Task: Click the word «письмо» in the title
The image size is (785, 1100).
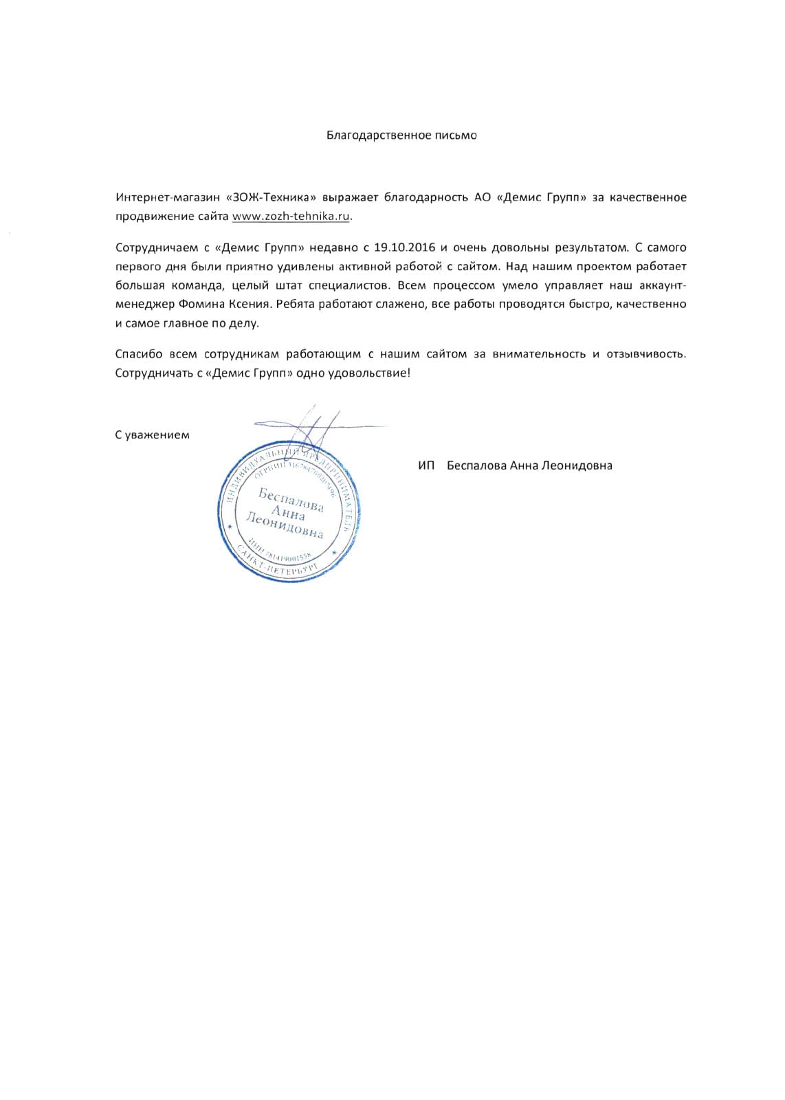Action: coord(456,135)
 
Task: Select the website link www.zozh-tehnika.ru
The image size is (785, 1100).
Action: coord(291,216)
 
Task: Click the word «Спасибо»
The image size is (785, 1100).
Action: coord(138,355)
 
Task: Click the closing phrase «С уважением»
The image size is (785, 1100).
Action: coord(152,435)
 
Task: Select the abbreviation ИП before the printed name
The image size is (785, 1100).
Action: coord(426,466)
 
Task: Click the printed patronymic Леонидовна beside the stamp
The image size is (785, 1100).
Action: coord(577,466)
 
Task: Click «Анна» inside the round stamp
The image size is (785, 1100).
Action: coord(289,512)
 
